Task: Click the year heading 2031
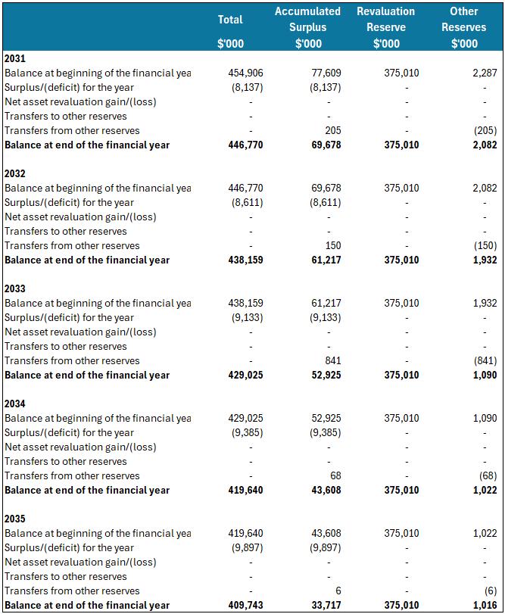[14, 58]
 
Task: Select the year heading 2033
[14, 288]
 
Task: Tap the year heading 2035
[14, 519]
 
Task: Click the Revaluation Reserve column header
[386, 27]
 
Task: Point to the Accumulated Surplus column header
[307, 27]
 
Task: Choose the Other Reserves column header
[464, 27]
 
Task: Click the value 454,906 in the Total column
[245, 73]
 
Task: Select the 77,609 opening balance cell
[326, 73]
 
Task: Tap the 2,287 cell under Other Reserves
[484, 73]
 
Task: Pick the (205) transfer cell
[482, 131]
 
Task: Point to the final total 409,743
[245, 606]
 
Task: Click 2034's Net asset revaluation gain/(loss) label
[80, 447]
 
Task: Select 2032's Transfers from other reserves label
[72, 246]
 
